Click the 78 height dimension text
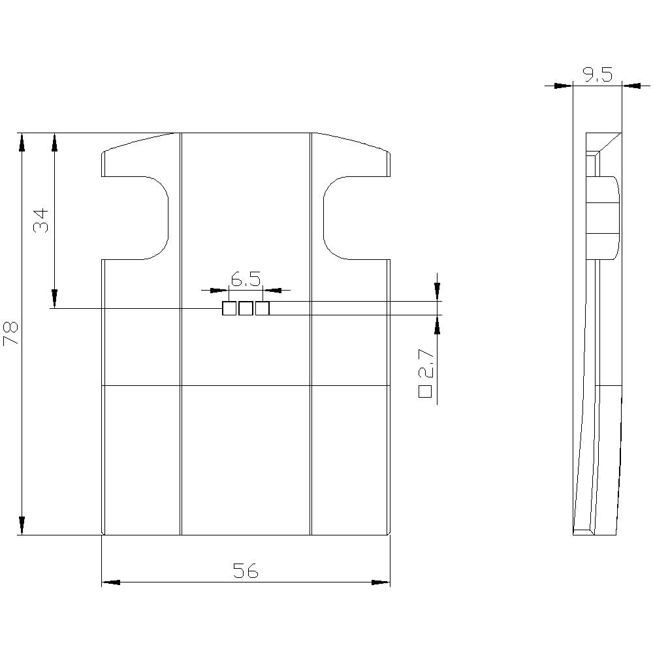11,334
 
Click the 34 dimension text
42,221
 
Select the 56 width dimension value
246,571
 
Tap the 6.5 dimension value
246,279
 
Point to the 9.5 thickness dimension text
597,75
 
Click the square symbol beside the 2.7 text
425,392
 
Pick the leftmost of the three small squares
229,308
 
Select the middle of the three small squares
246,308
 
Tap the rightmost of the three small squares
262,308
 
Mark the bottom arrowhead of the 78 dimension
22,526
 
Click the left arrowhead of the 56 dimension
111,582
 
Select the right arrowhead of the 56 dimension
381,582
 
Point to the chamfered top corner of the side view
607,142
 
